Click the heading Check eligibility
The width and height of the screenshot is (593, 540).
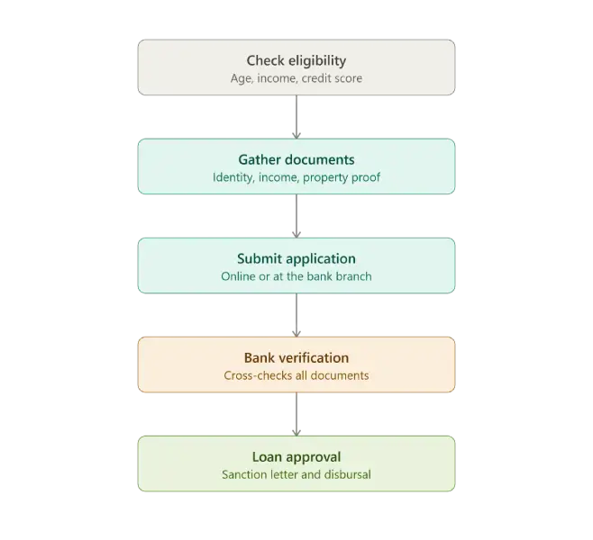click(296, 61)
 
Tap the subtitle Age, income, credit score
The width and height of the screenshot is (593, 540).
click(296, 78)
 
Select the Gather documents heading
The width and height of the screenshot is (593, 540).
click(296, 159)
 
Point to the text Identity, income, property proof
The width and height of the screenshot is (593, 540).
click(296, 177)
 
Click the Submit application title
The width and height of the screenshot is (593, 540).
click(296, 259)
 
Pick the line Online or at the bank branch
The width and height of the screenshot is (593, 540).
click(296, 276)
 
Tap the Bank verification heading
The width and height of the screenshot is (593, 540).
click(296, 357)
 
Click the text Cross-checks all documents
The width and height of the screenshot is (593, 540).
click(296, 375)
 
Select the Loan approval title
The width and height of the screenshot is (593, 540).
click(296, 457)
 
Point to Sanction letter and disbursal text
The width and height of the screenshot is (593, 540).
click(296, 474)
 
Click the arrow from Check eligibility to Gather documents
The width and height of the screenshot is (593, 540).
click(296, 117)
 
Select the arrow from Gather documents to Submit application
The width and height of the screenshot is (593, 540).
click(296, 216)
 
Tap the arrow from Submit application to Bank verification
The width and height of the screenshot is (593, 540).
click(296, 315)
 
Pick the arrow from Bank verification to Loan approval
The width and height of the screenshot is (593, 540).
click(296, 414)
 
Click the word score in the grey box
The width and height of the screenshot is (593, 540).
click(346, 78)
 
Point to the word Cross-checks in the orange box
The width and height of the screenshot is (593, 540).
click(246, 375)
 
